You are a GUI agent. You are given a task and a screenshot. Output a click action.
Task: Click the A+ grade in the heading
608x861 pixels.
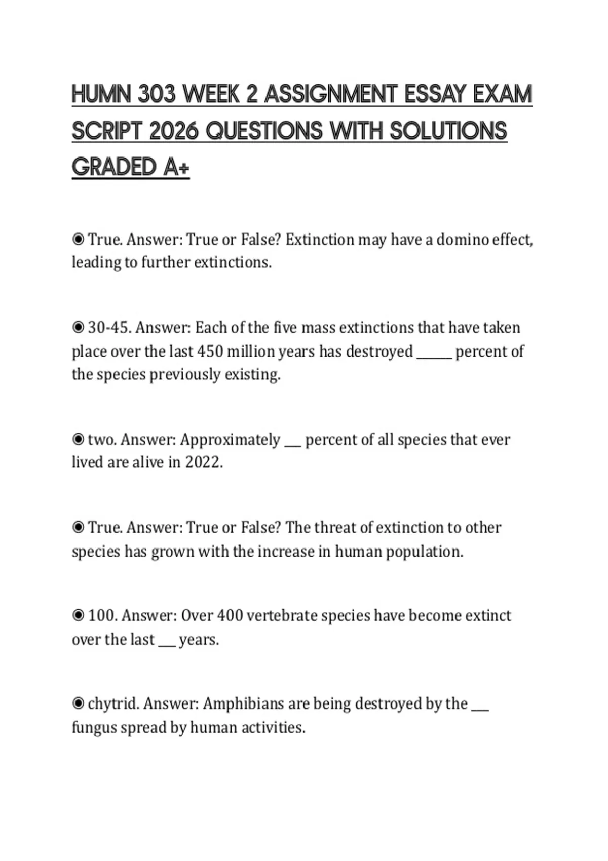click(x=176, y=167)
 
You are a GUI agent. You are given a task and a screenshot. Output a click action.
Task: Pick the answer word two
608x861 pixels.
click(x=102, y=439)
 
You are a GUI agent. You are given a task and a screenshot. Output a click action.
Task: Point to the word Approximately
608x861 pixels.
click(x=230, y=440)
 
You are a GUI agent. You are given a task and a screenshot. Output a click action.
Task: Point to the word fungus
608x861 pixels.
click(x=94, y=728)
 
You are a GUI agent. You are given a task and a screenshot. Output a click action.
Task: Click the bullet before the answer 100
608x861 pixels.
click(x=78, y=615)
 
